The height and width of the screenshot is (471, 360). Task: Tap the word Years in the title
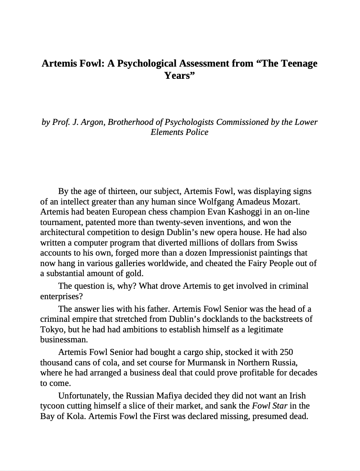tap(177, 76)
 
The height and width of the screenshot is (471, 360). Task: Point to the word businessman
tap(64, 340)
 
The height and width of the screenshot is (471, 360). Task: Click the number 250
tap(286, 352)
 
